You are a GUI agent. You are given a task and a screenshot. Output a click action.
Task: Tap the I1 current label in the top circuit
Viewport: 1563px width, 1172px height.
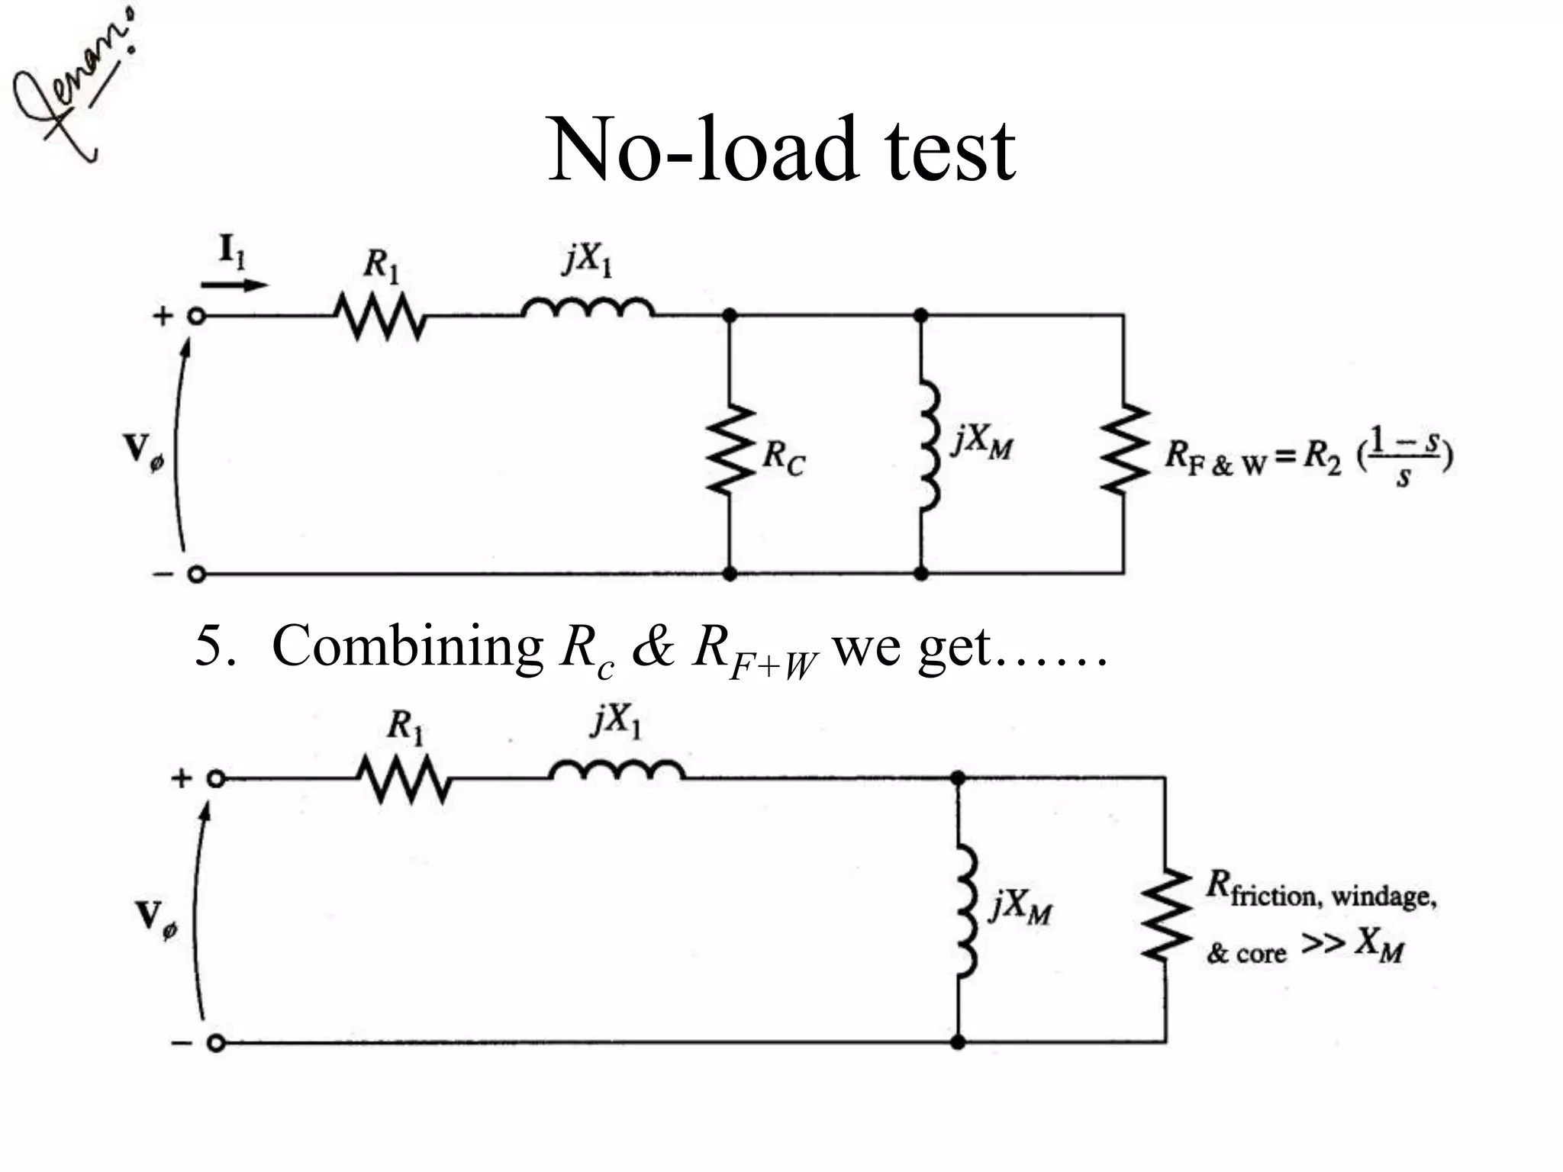click(232, 251)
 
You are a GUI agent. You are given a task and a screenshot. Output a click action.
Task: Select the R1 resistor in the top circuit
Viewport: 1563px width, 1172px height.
click(379, 316)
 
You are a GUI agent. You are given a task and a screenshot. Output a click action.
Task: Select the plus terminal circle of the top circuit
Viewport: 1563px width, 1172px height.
click(197, 316)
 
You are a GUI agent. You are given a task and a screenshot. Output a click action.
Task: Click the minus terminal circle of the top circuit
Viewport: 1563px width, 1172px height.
click(197, 574)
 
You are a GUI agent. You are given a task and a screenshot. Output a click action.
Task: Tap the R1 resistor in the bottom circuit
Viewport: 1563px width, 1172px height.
click(404, 779)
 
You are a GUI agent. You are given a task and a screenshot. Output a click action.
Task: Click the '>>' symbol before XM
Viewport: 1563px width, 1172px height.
click(1323, 943)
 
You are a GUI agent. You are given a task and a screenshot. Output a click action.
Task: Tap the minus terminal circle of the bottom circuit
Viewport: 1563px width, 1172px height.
click(216, 1043)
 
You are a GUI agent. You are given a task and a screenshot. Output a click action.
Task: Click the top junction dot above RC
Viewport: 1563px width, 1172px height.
click(730, 315)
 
